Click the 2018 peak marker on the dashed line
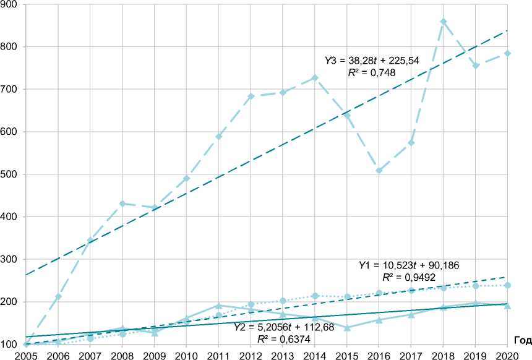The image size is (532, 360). pyautogui.click(x=444, y=22)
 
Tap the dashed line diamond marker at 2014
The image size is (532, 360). pyautogui.click(x=315, y=78)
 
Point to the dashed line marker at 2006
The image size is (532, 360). pyautogui.click(x=58, y=296)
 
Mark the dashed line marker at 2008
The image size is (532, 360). pyautogui.click(x=122, y=204)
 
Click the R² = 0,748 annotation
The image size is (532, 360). pyautogui.click(x=372, y=72)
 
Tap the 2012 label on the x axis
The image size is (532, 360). pyautogui.click(x=251, y=354)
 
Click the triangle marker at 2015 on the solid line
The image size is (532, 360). pyautogui.click(x=347, y=327)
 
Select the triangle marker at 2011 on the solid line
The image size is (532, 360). pyautogui.click(x=218, y=306)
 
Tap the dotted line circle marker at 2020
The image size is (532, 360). pyautogui.click(x=507, y=285)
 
